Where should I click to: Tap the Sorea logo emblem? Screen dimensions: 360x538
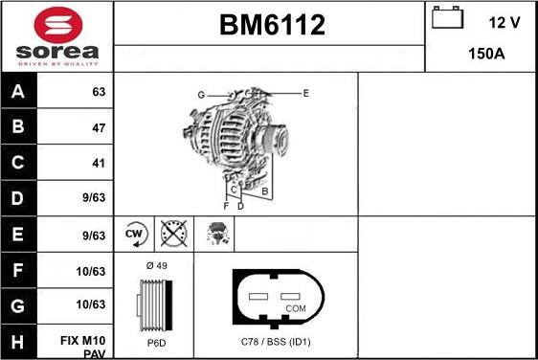56,23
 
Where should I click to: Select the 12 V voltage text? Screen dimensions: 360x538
504,21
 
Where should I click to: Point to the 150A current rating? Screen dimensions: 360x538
485,55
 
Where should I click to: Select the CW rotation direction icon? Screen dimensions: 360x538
134,234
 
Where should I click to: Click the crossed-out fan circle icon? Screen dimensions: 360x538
173,234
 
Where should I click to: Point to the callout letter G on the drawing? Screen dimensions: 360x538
201,95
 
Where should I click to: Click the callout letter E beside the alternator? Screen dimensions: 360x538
305,93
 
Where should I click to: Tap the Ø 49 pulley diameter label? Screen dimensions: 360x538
156,265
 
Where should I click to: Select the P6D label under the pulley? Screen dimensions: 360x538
156,342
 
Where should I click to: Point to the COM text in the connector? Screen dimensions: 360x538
298,308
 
